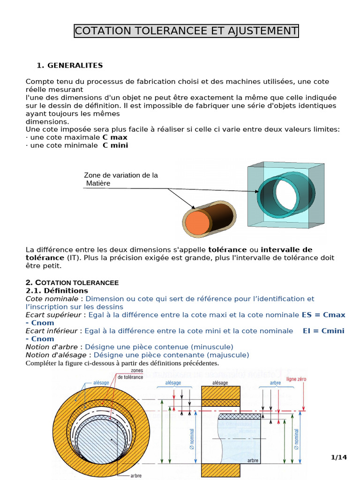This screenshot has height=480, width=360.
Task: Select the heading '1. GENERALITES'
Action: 69,65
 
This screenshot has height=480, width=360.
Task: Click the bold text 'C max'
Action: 115,137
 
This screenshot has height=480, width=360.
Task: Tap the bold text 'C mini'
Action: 115,145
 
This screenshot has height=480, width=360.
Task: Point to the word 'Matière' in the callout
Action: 98,183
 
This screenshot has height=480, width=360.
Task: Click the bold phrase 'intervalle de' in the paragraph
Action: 286,249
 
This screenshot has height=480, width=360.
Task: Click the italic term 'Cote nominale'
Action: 52,299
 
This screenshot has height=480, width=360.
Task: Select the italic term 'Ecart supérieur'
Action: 52,315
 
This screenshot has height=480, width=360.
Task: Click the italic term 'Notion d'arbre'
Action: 52,346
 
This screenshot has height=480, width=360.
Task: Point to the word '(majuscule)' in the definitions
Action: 231,355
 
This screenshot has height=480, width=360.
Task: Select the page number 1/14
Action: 338,457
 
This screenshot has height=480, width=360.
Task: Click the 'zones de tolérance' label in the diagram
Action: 130,374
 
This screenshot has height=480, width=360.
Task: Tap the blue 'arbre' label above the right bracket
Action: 276,383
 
